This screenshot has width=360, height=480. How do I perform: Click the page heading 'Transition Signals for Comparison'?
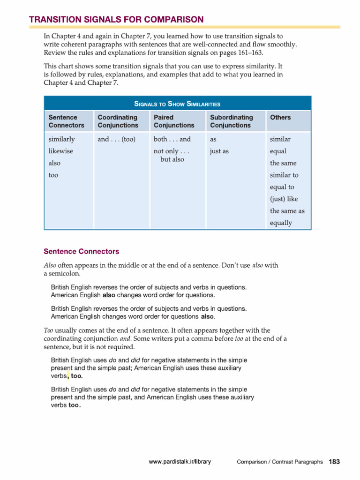116,19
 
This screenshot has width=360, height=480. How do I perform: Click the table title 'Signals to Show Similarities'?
177,104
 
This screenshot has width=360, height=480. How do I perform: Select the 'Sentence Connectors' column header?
67,121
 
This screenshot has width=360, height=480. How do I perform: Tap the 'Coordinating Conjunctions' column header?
118,121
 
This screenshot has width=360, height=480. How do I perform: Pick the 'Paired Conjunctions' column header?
173,121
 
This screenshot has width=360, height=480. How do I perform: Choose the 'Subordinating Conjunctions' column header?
232,121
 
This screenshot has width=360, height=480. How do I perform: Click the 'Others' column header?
280,117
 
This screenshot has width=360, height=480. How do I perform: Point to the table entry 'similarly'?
61,139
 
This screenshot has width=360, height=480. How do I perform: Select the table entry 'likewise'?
60,151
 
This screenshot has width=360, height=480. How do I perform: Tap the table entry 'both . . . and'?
172,139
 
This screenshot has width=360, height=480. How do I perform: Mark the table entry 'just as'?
219,151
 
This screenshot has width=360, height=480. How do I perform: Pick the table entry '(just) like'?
284,199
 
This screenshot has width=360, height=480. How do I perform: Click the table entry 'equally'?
281,223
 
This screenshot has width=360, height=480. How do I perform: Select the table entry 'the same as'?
287,211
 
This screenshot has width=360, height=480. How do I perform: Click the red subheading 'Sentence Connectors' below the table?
81,251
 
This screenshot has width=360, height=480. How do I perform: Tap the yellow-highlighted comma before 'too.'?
68,375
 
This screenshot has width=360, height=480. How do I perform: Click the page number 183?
334,462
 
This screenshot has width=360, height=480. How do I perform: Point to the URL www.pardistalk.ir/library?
180,462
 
